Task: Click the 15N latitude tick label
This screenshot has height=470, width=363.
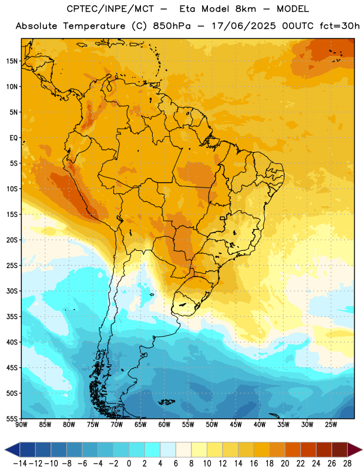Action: coord(12,61)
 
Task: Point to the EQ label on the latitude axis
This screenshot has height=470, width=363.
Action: coord(14,138)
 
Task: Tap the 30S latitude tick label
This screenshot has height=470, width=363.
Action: coord(12,291)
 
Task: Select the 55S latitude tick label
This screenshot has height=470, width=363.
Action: coord(12,418)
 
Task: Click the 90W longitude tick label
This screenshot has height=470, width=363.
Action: coord(21,424)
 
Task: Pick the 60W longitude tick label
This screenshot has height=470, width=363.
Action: coord(164,424)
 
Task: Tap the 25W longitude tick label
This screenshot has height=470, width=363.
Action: coord(331,424)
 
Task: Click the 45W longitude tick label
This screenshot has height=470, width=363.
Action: coord(236,424)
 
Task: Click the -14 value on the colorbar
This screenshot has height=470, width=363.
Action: coord(21,464)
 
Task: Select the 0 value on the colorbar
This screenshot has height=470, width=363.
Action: coord(129,464)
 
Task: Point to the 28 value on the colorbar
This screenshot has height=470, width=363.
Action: coord(347,464)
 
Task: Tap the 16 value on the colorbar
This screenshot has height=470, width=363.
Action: coord(254,464)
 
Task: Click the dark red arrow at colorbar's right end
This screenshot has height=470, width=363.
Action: coord(355,450)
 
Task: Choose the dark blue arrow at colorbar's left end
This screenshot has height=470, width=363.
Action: coord(12,450)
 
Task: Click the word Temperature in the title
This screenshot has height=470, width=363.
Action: coord(94,26)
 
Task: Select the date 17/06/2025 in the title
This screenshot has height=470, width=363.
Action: coord(244,26)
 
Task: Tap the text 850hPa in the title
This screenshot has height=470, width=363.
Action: coord(172,26)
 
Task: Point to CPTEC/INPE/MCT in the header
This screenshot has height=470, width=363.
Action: coord(110,9)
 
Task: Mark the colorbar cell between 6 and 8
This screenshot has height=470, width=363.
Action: coord(183,450)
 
